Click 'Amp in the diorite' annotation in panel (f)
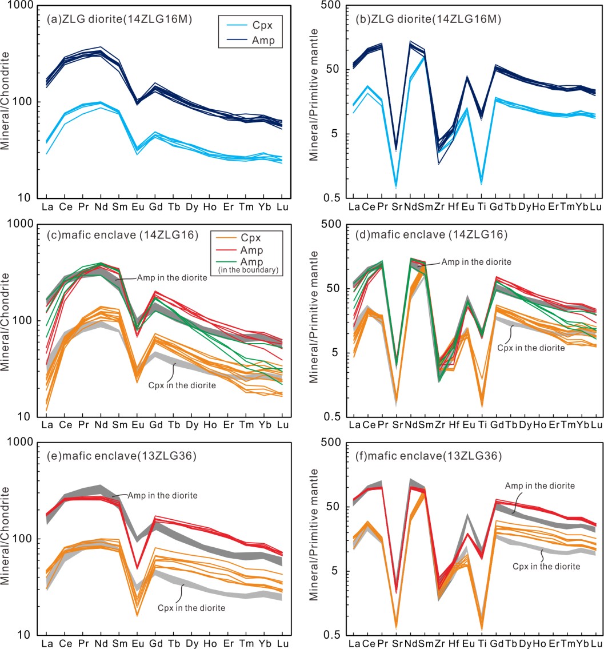click(539, 485)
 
